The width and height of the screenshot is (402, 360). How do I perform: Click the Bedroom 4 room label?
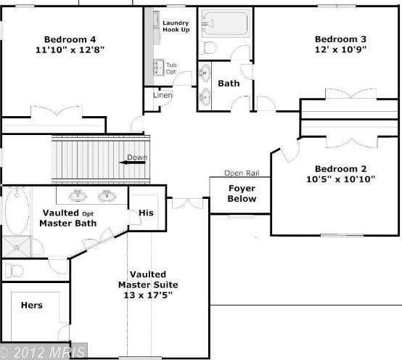70,38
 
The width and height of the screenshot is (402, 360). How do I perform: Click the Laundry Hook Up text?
176,26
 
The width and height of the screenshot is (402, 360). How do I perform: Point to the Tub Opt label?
171,68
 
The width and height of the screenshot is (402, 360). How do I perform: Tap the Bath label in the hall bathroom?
229,83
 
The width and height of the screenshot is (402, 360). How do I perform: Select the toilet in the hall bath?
208,48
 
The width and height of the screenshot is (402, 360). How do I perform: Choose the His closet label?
146,213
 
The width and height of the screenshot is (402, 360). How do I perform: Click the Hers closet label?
30,306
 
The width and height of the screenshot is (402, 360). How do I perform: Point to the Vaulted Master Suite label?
147,279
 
